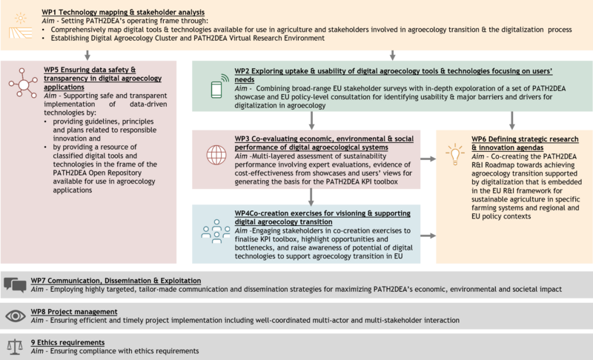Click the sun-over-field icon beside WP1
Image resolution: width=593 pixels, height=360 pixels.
click(17, 22)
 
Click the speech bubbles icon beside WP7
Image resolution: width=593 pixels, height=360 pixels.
click(15, 285)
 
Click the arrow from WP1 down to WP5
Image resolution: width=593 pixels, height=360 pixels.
click(88, 56)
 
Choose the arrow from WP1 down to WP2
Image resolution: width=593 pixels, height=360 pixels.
click(393, 56)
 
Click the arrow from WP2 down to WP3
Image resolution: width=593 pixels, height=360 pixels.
click(311, 120)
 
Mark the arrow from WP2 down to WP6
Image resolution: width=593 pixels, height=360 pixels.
click(511, 120)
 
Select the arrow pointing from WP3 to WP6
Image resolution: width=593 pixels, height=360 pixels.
click(428, 159)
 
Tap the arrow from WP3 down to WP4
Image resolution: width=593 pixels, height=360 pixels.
click(311, 196)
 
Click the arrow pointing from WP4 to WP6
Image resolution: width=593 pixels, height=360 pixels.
click(428, 236)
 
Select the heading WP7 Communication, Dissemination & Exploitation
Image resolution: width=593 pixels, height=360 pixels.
click(116, 281)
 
